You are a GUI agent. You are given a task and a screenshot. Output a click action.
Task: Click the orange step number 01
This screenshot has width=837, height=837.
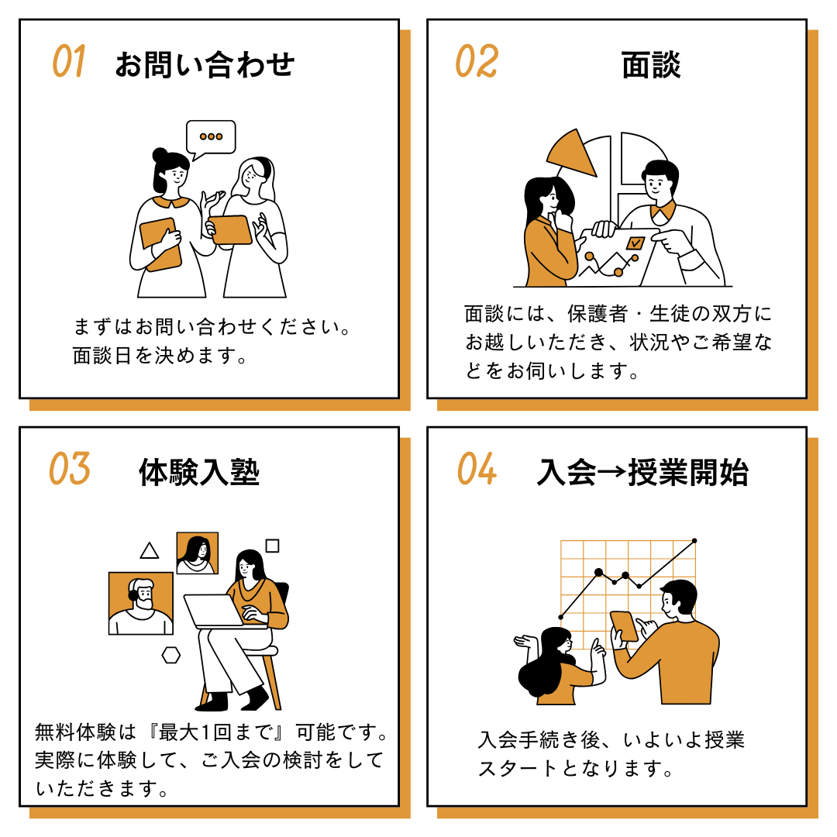coord(68,61)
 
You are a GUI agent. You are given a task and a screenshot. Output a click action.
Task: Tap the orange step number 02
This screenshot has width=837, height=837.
coord(476,61)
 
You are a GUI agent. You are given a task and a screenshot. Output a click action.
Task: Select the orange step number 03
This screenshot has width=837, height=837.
coord(70,469)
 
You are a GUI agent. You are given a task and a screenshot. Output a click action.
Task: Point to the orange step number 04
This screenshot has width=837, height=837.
coord(477,469)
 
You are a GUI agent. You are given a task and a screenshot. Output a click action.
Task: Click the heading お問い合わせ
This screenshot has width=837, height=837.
coord(205,64)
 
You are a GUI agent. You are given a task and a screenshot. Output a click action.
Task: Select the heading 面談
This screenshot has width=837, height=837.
coord(651,64)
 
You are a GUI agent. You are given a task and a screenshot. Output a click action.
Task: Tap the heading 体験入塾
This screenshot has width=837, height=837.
coord(199,473)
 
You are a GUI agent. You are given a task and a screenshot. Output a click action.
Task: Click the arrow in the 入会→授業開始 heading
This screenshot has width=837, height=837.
coord(611,471)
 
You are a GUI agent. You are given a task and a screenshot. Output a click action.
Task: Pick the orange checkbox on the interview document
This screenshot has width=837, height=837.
coord(635,243)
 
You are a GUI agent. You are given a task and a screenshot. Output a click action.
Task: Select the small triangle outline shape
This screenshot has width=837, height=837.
coord(150,551)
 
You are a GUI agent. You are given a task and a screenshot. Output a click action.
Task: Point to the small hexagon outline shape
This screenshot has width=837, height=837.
coord(170,655)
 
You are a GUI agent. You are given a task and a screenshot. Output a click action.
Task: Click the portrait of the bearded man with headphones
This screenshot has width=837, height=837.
coord(141,603)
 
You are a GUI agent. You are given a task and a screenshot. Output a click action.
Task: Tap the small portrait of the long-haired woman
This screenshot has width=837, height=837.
coord(198,553)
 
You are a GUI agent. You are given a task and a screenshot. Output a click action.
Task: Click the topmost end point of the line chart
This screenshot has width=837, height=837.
coord(694,541)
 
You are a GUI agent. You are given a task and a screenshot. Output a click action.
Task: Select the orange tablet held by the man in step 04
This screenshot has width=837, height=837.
coord(624,626)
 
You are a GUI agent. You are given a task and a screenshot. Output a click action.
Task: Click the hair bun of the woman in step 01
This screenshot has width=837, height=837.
coord(160,155)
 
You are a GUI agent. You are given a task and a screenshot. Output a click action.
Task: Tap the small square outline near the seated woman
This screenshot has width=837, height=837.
coord(272,546)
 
